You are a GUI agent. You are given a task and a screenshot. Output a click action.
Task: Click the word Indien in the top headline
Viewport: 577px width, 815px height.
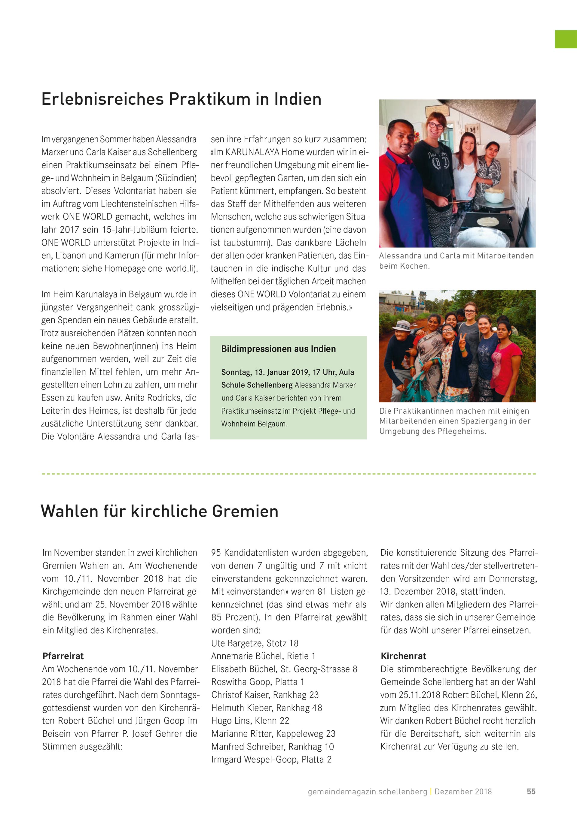[x=298, y=99]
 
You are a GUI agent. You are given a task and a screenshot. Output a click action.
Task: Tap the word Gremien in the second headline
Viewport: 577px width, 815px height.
[x=245, y=512]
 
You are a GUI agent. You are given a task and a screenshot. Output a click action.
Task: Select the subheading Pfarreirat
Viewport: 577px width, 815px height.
[x=63, y=656]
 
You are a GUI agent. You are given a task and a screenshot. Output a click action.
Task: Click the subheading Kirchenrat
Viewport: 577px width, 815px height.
[x=403, y=656]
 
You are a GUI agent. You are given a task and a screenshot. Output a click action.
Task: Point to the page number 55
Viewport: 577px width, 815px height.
[x=531, y=792]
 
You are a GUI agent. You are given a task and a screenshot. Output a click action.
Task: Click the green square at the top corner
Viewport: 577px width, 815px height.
[x=566, y=39]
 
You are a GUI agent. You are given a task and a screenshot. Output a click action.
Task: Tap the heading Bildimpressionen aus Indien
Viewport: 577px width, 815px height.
[x=278, y=349]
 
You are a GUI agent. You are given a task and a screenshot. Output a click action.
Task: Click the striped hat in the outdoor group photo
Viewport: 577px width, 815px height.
[x=403, y=325]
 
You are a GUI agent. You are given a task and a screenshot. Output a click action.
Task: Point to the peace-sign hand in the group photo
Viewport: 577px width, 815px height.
[x=463, y=340]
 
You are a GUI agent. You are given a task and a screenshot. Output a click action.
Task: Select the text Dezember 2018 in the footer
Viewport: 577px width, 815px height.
[x=463, y=792]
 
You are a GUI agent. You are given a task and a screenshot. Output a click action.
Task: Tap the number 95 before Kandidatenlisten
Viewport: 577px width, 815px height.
[x=216, y=553]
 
